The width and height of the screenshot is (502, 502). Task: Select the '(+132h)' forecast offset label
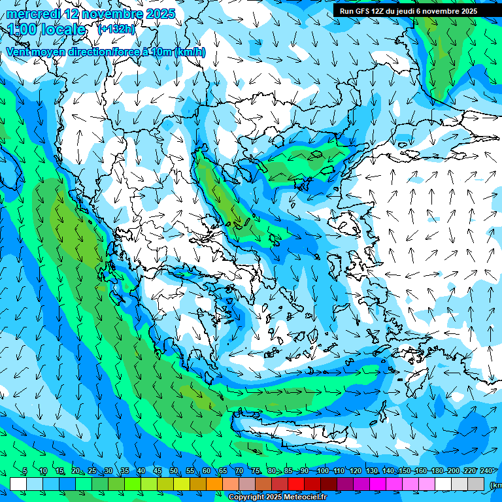pyautogui.click(x=116, y=29)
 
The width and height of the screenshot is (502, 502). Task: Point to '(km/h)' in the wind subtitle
pyautogui.click(x=191, y=52)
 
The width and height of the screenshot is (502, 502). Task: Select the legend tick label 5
pyautogui.click(x=25, y=471)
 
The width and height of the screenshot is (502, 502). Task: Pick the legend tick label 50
pyautogui.click(x=173, y=471)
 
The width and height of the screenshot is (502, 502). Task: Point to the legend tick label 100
pyautogui.click(x=322, y=471)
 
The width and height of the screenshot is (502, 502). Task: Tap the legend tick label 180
pyautogui.click(x=437, y=471)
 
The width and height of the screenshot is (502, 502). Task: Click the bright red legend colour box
pyautogui.click(x=296, y=484)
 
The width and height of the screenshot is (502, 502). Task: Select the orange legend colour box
pyautogui.click(x=214, y=484)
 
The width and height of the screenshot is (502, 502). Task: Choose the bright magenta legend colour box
pyautogui.click(x=378, y=484)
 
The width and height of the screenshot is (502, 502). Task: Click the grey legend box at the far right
pyautogui.click(x=477, y=484)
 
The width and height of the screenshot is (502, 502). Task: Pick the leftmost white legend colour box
pyautogui.click(x=18, y=484)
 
